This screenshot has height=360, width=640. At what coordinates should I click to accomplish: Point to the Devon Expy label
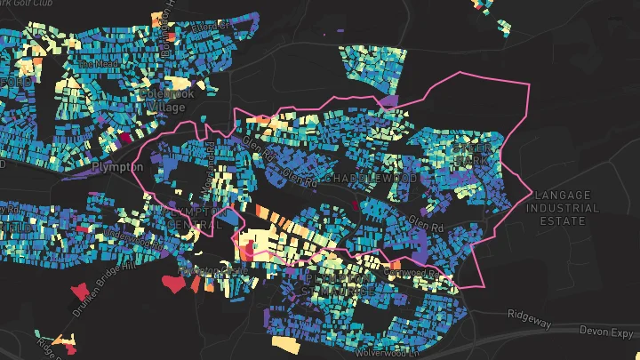coord(608,331)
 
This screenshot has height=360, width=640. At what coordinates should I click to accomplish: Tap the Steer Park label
coord(471,155)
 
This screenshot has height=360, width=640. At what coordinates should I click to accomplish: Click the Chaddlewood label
coord(371,179)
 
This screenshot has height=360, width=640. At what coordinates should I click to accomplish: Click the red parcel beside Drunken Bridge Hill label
coord(81,290)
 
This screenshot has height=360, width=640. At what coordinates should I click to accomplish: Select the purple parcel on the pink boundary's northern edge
coord(386,102)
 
